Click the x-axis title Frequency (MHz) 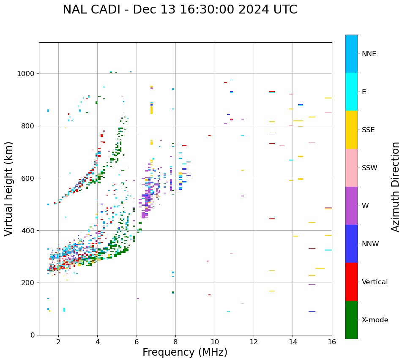point(185,352)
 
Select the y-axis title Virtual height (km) point(9,189)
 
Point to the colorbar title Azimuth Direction point(395,187)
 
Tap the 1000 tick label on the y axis point(26,73)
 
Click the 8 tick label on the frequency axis point(175,342)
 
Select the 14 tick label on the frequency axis point(293,342)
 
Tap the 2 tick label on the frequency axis point(58,342)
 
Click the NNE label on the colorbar point(369,54)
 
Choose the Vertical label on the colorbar point(375,282)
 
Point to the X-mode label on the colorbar point(375,320)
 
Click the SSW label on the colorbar point(369,168)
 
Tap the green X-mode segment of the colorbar point(351,320)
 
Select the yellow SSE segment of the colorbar point(351,130)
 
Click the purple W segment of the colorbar point(351,206)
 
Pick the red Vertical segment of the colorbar point(351,282)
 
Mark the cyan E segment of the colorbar point(351,92)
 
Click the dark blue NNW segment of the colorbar point(351,244)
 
